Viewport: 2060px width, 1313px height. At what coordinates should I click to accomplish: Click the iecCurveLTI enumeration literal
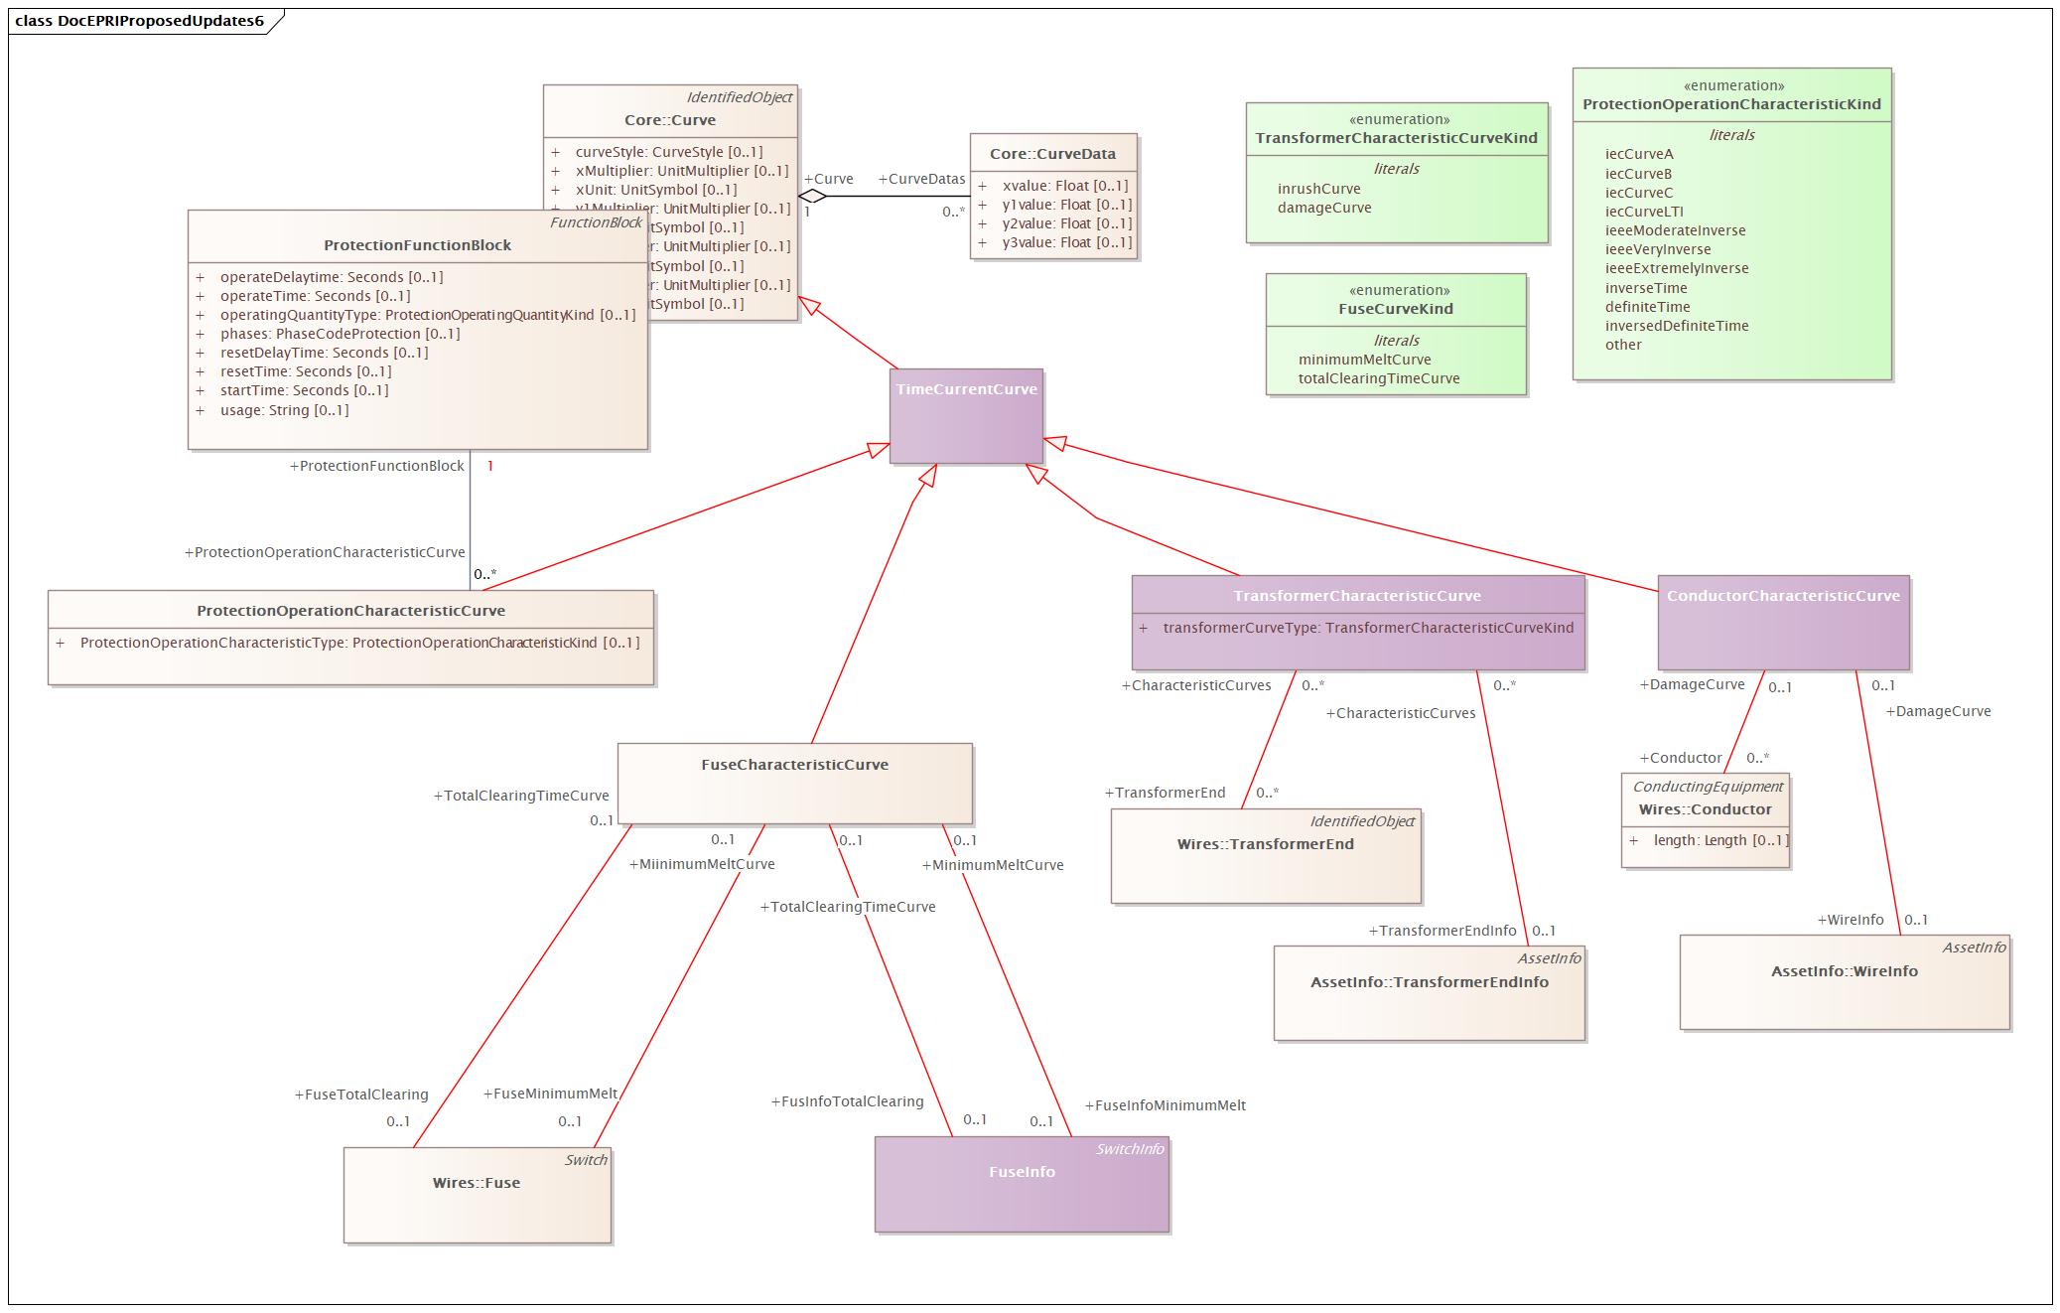pos(1643,212)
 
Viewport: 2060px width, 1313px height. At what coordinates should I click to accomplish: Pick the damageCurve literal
pos(1323,208)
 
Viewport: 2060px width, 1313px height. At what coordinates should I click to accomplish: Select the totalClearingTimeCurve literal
pos(1378,378)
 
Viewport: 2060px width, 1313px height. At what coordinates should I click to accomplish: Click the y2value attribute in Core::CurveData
pos(1066,223)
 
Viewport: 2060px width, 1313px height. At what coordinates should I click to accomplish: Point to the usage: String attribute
pos(284,410)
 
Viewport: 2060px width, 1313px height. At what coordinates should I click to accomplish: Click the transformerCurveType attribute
pos(1367,628)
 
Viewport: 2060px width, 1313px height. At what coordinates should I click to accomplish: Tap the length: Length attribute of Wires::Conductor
pos(1719,840)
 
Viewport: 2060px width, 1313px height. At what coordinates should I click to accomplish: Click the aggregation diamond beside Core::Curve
pos(812,196)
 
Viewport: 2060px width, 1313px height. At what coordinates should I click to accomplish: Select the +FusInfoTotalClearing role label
pos(847,1101)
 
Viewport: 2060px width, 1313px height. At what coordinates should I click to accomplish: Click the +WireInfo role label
pos(1850,920)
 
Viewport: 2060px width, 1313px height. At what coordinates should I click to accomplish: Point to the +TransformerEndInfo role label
pos(1442,931)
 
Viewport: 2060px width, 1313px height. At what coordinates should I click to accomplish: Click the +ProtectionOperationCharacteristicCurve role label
pos(325,552)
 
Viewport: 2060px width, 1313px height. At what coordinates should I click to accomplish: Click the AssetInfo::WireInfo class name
pos(1844,971)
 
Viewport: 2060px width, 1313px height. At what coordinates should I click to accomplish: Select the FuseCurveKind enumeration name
pos(1395,309)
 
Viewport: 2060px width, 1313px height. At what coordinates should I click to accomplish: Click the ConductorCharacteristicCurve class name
pos(1782,596)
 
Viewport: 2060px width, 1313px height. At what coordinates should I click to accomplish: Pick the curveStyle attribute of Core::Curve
pos(668,152)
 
